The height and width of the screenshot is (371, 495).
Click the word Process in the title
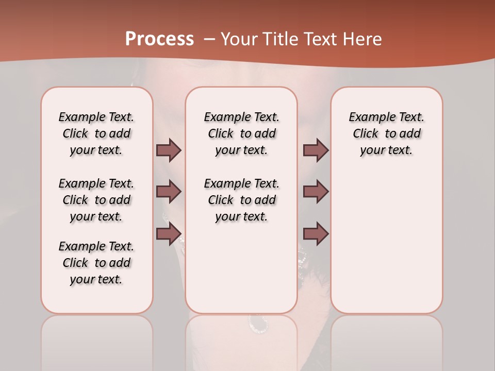pos(159,39)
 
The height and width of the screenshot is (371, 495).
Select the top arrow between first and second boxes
pos(169,150)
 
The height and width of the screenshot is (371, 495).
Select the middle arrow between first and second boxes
pos(169,192)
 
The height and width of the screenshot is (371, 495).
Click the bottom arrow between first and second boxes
pos(169,234)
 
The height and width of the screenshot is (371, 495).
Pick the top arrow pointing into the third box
pos(316,150)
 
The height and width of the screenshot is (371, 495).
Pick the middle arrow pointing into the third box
pos(316,192)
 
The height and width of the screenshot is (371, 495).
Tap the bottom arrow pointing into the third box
pos(316,234)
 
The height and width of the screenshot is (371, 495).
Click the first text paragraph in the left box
pos(96,133)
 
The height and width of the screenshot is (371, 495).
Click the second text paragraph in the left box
pos(96,200)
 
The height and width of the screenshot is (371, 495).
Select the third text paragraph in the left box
pos(96,263)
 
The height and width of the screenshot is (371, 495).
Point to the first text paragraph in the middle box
pos(241,133)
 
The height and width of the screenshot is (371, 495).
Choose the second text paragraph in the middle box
pos(241,200)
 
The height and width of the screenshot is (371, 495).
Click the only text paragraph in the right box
pos(386,133)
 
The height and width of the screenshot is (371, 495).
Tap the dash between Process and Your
pos(209,39)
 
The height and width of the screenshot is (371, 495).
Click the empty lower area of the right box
pos(386,247)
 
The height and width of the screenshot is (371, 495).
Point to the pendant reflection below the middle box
pos(257,324)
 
